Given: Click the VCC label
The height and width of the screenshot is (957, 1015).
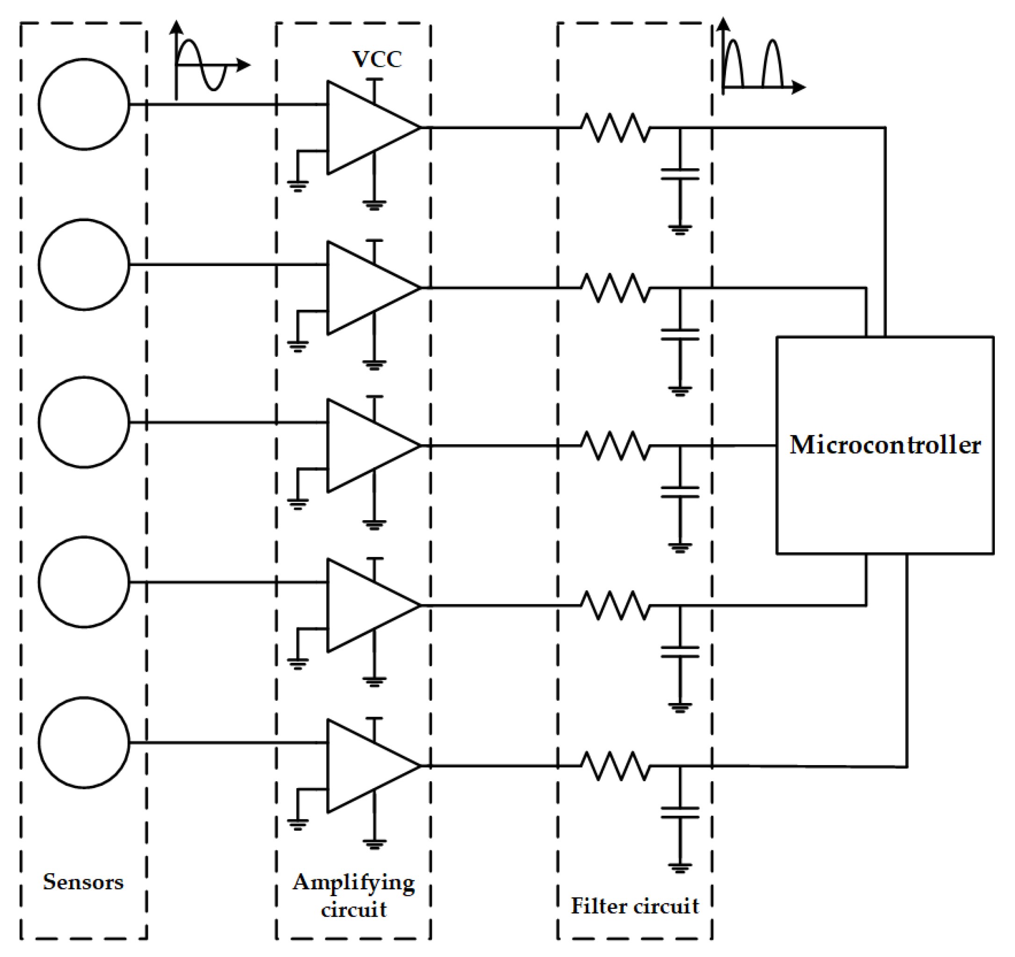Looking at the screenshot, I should point(377,60).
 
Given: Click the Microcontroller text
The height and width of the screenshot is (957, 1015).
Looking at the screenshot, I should point(885,445).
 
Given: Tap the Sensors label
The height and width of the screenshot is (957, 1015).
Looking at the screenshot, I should point(83,882).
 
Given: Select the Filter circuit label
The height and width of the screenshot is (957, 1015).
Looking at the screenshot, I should point(634,906).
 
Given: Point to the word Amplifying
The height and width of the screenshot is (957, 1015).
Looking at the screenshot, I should point(354,883).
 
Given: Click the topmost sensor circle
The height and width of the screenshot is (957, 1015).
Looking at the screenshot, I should point(84,104).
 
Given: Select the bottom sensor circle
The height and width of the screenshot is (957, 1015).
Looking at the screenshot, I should point(84,742).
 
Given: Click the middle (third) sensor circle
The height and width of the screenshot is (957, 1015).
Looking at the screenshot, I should point(84,422).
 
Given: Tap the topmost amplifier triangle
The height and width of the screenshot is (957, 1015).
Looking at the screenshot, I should point(365,128).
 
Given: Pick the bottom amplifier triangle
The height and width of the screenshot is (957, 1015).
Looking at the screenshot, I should point(365,766).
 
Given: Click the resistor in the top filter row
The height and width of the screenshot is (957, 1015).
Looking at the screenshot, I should point(615,128).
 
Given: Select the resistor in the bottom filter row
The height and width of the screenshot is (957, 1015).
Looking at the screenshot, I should point(615,766).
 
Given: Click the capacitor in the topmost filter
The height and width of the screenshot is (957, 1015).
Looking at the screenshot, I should point(680,174).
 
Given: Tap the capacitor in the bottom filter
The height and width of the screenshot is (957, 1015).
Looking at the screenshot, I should point(680,812).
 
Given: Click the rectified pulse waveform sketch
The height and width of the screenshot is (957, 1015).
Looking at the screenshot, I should point(756,64).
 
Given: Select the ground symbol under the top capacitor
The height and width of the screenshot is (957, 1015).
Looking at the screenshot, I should point(680,229).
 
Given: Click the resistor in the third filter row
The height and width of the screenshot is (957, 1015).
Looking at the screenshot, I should point(615,446).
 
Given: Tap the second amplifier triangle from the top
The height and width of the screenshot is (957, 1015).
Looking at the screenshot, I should point(365,288).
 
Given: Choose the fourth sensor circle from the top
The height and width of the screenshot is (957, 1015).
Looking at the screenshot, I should point(84,582).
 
